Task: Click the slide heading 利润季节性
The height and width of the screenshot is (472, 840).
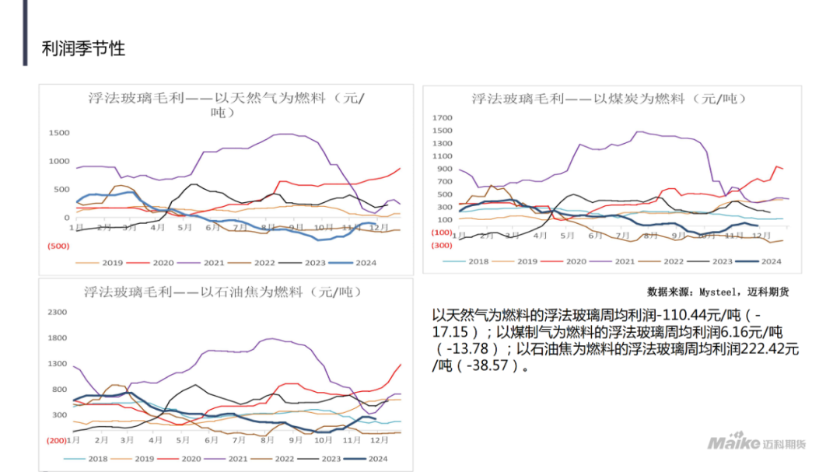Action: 83,49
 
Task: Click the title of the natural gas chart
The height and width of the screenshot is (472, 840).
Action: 226,104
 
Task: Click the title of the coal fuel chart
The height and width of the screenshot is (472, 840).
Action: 609,99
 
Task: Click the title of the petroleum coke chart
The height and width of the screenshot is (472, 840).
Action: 223,292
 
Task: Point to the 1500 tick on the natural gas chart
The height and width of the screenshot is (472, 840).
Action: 59,133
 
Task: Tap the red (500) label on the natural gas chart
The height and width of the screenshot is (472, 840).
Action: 58,246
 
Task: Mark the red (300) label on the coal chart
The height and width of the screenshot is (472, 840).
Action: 441,245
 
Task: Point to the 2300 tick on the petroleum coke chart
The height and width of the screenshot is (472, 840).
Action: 58,312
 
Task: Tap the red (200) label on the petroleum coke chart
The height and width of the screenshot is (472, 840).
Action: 58,441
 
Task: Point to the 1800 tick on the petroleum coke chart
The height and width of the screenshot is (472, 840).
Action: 58,337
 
